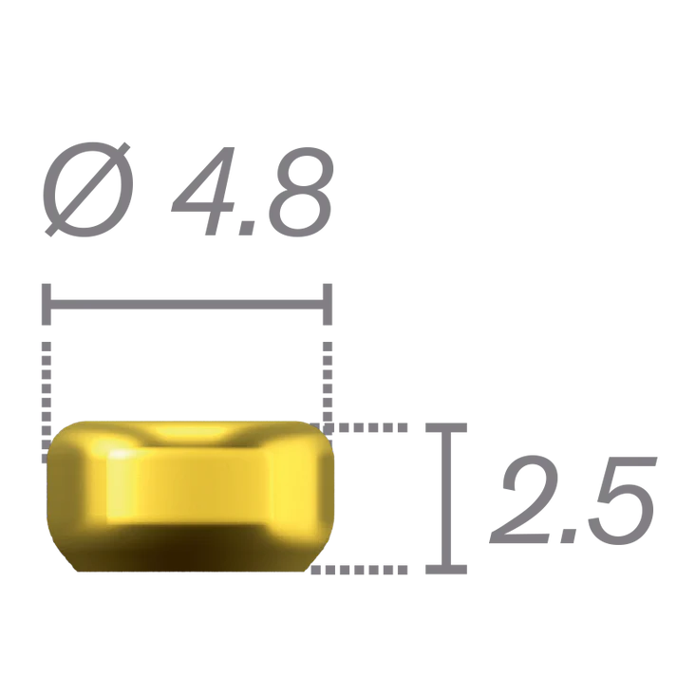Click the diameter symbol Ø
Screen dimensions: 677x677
88,190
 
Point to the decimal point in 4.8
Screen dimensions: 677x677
248,228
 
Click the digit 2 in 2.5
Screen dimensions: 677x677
523,499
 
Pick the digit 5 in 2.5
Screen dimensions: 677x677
618,500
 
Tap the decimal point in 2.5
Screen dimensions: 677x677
567,536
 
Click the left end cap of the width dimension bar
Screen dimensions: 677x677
47,305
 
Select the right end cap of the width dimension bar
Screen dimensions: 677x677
328,305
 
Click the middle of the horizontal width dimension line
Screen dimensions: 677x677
187,305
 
